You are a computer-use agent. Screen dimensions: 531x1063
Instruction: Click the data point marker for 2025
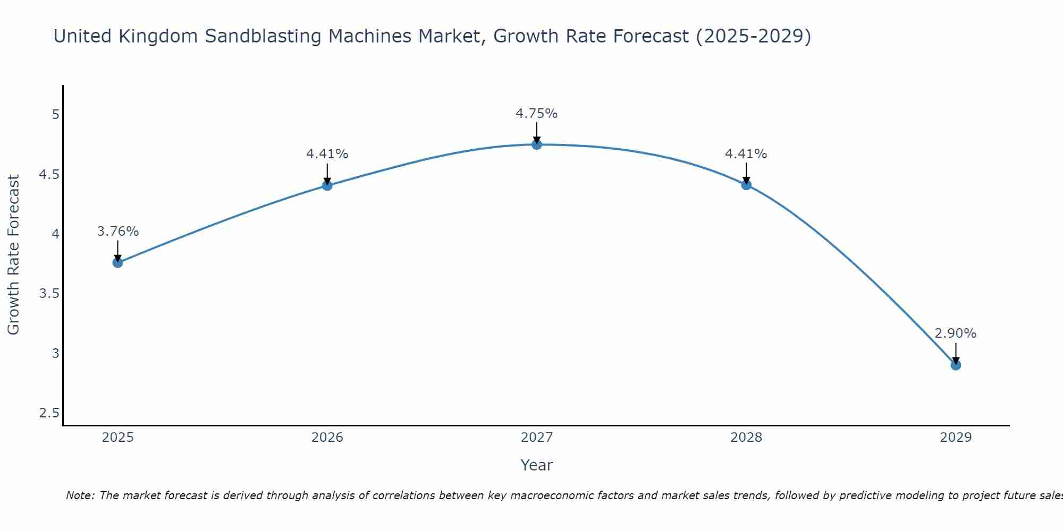click(117, 262)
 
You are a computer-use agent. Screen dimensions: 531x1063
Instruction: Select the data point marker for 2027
click(536, 144)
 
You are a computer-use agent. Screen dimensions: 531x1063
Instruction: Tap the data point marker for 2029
click(955, 365)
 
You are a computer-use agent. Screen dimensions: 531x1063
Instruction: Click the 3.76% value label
click(117, 232)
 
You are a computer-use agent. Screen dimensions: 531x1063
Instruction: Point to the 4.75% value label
click(536, 114)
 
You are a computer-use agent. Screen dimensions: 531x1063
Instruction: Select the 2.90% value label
click(955, 333)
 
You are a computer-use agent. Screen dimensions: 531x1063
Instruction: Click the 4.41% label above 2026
click(327, 154)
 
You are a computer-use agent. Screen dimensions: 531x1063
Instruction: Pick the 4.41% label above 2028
click(746, 154)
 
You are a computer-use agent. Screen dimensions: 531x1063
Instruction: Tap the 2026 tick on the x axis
click(327, 438)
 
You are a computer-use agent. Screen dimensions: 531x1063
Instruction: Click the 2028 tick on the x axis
click(746, 438)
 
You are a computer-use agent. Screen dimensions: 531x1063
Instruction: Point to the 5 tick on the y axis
click(55, 115)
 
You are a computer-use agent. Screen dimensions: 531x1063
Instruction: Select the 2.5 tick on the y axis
click(49, 413)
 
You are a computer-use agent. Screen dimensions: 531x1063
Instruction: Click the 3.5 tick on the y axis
click(49, 294)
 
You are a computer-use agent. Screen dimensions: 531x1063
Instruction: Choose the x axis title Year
click(536, 465)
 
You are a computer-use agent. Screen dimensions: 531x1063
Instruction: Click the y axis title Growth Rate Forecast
click(14, 255)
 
